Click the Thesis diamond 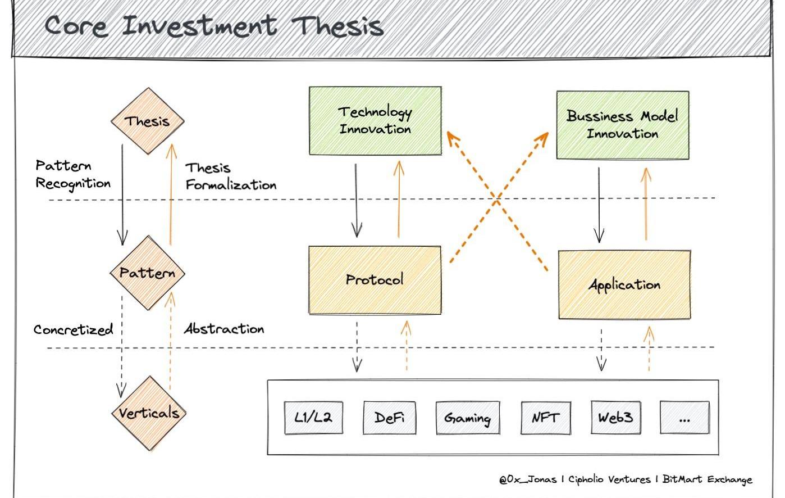pos(147,121)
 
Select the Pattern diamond pos(147,273)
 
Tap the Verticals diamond pos(149,413)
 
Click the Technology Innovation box pos(375,120)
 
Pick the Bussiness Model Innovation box pos(622,125)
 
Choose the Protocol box pos(375,279)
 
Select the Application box pos(624,284)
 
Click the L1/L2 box pos(313,418)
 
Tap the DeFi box pos(390,418)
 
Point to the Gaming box pos(468,418)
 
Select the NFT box pos(545,418)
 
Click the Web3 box pos(615,418)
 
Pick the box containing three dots pos(684,418)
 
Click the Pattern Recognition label pos(72,174)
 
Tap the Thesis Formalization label pos(230,176)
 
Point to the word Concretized pos(73,329)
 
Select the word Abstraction pos(224,329)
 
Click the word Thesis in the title pos(338,26)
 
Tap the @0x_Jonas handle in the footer pos(527,479)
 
